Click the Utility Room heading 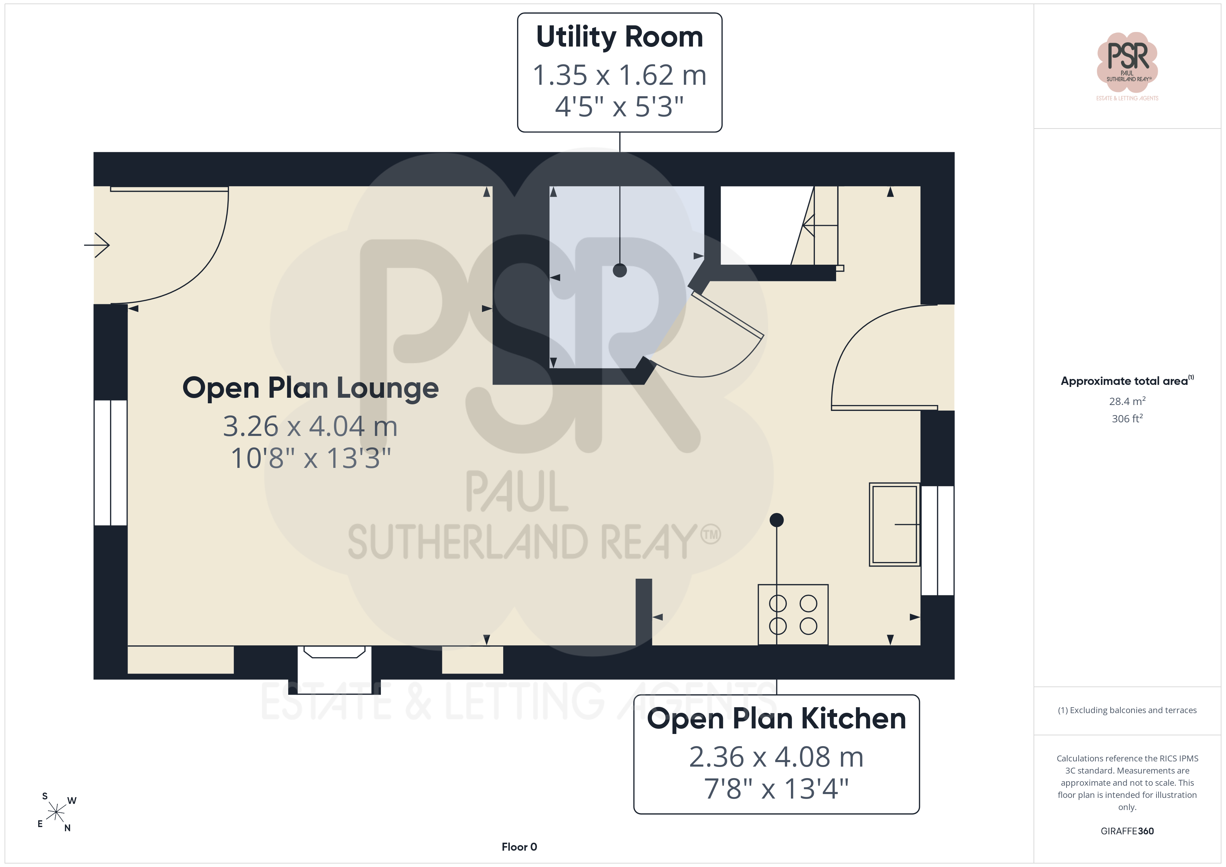click(619, 38)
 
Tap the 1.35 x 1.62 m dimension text click(619, 75)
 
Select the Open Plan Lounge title click(310, 388)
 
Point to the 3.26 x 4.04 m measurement click(310, 426)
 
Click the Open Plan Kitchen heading click(776, 719)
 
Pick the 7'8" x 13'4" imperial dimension click(776, 788)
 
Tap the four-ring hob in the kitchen click(793, 614)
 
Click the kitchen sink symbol click(894, 524)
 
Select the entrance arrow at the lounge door click(97, 245)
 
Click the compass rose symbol click(56, 812)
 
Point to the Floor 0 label click(519, 847)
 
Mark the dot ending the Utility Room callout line click(619, 270)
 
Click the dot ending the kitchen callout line click(776, 519)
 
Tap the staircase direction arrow click(820, 225)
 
